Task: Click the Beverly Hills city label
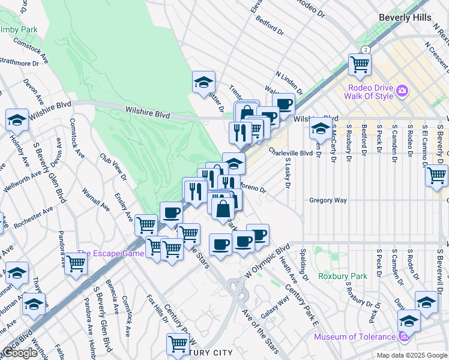tap(405, 18)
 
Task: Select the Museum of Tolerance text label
tap(355, 337)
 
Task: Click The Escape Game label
tap(110, 253)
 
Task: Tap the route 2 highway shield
tap(365, 50)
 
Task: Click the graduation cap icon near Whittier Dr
tap(203, 82)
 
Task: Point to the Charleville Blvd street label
tap(291, 153)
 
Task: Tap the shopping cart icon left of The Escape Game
tap(76, 263)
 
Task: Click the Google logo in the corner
tap(20, 353)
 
